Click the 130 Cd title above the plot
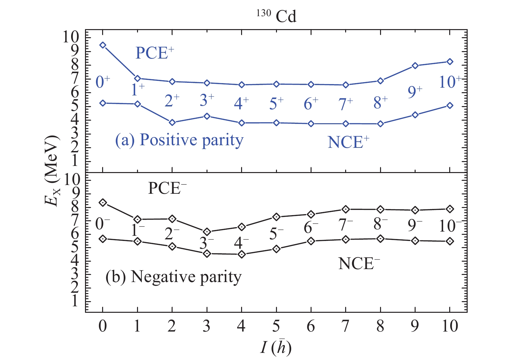[x=277, y=16]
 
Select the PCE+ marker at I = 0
[x=103, y=45]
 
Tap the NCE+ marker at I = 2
[x=172, y=123]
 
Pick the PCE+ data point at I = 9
[x=415, y=66]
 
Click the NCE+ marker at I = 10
[x=450, y=105]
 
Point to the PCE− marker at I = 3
[x=207, y=232]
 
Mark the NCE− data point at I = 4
[x=242, y=255]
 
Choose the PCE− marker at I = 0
[x=103, y=203]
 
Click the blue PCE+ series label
[x=154, y=53]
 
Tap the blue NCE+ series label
[x=348, y=142]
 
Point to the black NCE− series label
[x=359, y=264]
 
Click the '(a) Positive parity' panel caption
[x=179, y=140]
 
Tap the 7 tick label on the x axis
[x=346, y=326]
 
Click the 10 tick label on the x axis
[x=450, y=326]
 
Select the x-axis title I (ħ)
[x=276, y=348]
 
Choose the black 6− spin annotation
[x=311, y=228]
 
